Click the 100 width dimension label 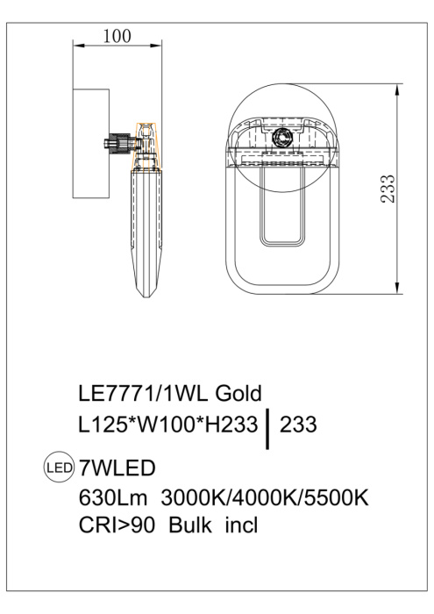click(117, 36)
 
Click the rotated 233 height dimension click(388, 189)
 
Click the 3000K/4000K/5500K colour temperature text click(265, 497)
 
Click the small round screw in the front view click(282, 136)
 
